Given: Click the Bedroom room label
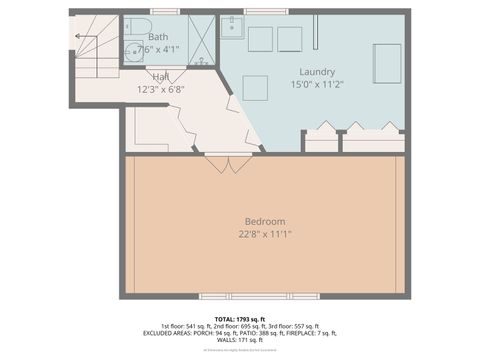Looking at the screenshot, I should coord(265,221).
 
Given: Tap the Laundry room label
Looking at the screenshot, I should coord(316,71).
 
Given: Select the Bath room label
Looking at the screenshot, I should coord(158,37).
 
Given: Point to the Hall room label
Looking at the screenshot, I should coord(160,77).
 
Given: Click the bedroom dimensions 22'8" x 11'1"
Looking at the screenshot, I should coord(265,234).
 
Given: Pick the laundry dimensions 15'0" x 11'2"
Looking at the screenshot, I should coord(316,85).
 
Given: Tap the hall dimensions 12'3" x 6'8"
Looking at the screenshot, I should coord(160,90).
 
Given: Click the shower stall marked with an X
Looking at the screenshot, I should coord(201,39).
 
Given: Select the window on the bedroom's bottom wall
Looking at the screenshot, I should coord(259,296).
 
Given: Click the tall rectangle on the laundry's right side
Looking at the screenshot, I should coord(387,62).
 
